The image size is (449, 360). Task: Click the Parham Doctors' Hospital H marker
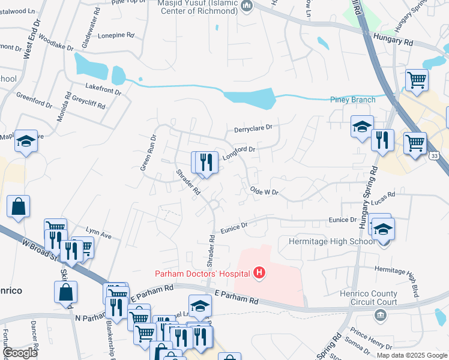click(259, 274)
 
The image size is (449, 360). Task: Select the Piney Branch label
click(353, 100)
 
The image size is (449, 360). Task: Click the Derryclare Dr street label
click(253, 128)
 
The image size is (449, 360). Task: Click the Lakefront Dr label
click(103, 89)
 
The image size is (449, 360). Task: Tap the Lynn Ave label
click(99, 233)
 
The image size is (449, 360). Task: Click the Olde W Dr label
click(265, 191)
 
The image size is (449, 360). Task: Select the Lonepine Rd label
click(115, 35)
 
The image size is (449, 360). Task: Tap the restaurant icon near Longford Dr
click(206, 162)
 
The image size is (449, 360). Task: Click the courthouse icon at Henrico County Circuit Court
click(379, 314)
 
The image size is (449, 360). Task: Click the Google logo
click(20, 353)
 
